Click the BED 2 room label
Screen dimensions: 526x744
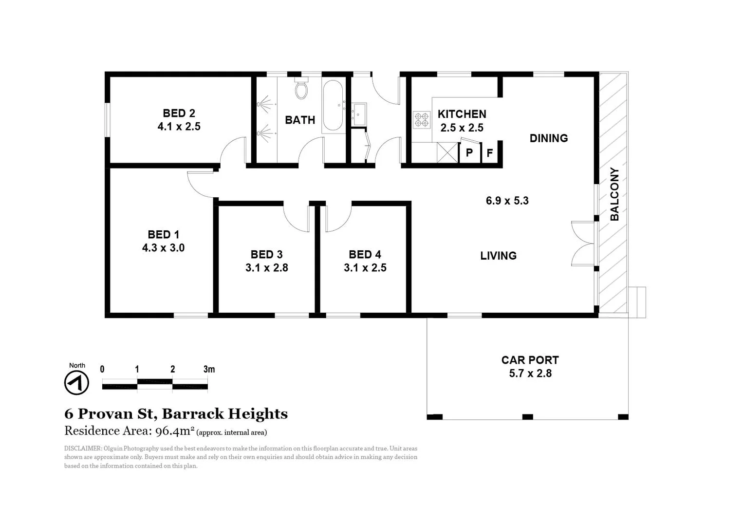(179, 113)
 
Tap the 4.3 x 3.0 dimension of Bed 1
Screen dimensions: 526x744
(163, 248)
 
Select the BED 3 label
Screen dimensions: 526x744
(266, 254)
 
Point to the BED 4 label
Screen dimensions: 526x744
(365, 254)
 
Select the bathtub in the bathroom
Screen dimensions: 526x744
(333, 105)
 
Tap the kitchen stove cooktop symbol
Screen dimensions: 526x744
(421, 120)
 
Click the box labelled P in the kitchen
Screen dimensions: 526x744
(469, 153)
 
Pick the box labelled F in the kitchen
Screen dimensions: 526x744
(490, 153)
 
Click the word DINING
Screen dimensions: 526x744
(549, 138)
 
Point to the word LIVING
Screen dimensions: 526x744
(498, 256)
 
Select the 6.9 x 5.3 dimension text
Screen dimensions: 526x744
(507, 201)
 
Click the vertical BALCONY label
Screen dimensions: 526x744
(614, 194)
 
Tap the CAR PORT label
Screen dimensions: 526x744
(530, 360)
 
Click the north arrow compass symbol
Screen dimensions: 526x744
(76, 382)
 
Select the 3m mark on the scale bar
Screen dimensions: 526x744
(209, 369)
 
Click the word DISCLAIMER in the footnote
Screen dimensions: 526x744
(83, 449)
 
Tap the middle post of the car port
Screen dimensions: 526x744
(527, 417)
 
